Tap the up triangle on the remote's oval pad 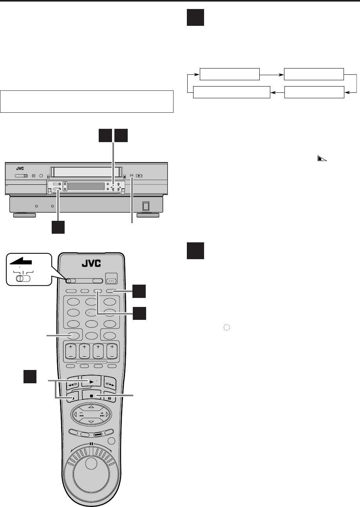tap(91, 406)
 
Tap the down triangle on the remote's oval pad tap(91, 421)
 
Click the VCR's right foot tap(148, 215)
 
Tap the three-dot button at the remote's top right tap(112, 280)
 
